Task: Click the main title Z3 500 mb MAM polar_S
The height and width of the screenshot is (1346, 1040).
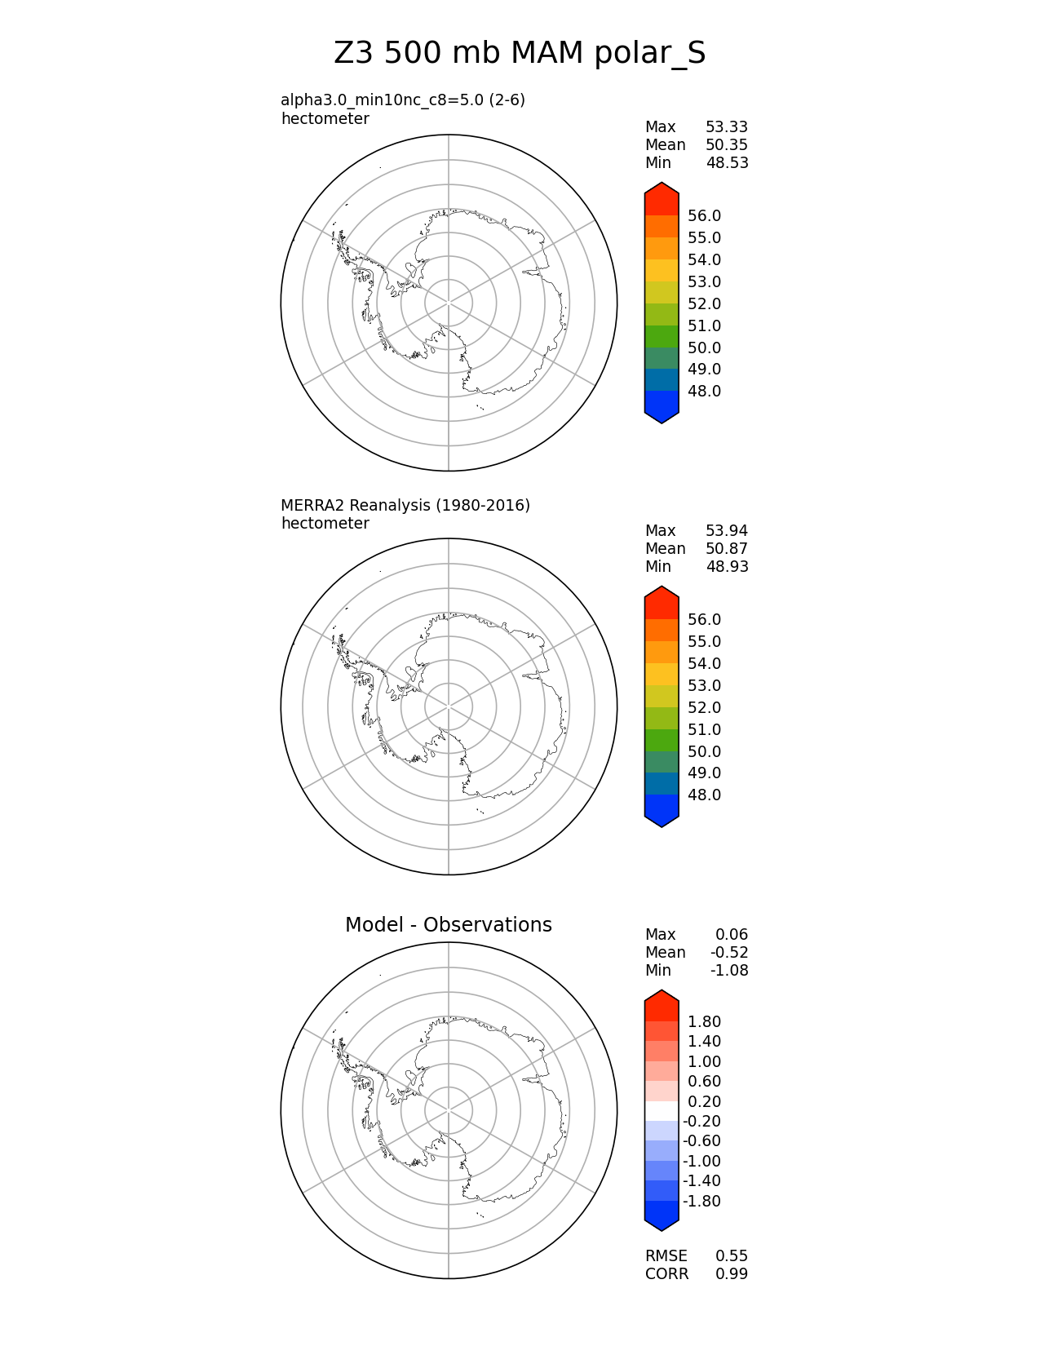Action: click(x=520, y=54)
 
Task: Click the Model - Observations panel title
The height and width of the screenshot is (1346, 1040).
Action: click(x=448, y=925)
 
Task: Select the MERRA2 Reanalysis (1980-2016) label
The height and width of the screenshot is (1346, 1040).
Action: click(x=405, y=506)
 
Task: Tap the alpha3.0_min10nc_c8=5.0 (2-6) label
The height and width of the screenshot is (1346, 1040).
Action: click(x=403, y=100)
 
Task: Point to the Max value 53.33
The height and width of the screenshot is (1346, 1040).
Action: click(x=726, y=127)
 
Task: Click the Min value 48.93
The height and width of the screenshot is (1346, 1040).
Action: click(x=726, y=567)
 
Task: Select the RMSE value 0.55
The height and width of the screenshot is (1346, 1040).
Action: click(x=732, y=1256)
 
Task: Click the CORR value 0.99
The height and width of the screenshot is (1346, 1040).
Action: click(x=732, y=1274)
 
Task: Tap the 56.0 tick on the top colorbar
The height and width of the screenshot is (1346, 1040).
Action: click(x=704, y=216)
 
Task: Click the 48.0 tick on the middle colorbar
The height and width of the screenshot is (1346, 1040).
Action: click(x=704, y=795)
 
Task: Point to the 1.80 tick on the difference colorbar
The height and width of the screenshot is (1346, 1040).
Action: click(x=704, y=1022)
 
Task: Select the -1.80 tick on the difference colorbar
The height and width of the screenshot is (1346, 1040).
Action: click(x=701, y=1202)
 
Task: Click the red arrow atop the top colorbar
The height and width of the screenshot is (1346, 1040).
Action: click(x=662, y=198)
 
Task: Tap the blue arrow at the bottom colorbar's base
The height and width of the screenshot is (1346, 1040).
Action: click(x=662, y=1215)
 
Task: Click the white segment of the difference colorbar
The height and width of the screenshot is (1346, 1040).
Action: click(x=662, y=1111)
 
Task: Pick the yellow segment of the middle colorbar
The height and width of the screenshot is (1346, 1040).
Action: click(x=662, y=674)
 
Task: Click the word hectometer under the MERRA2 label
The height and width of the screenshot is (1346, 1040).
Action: click(x=325, y=524)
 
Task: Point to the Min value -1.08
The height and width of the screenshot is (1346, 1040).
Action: click(x=728, y=971)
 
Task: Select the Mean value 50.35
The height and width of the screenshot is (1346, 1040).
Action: click(x=726, y=145)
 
